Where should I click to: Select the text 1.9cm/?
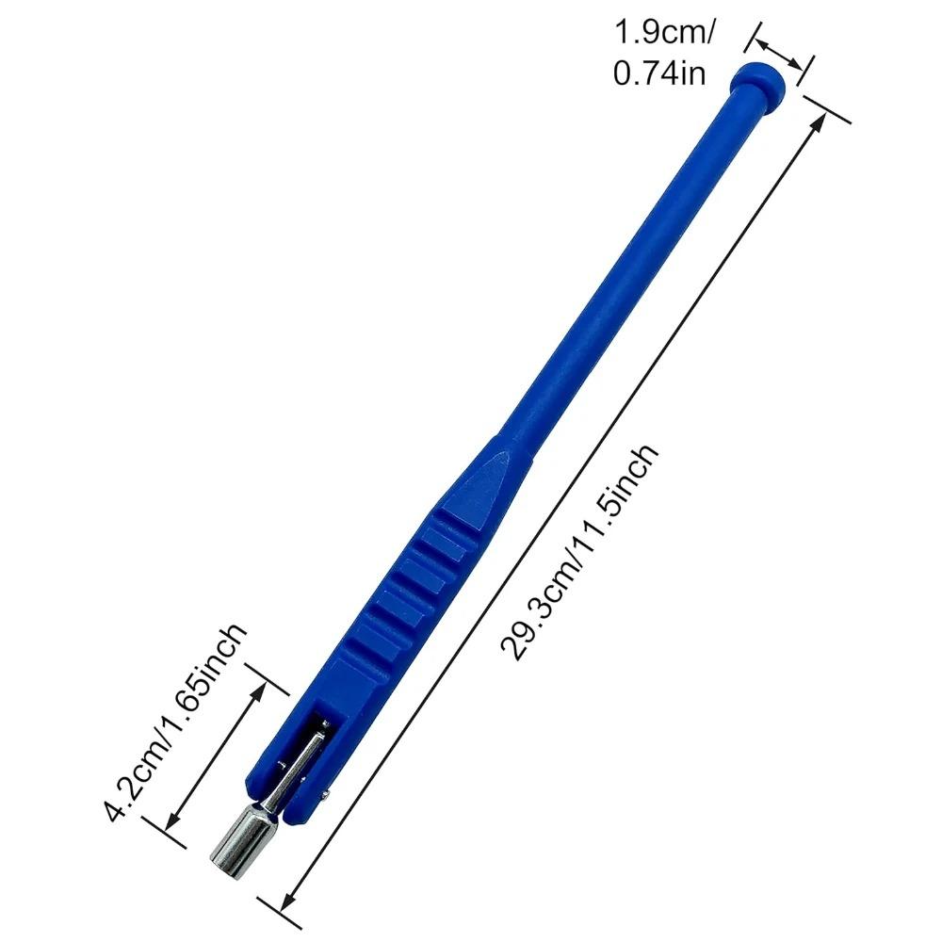(x=665, y=34)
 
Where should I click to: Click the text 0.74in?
(x=659, y=73)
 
